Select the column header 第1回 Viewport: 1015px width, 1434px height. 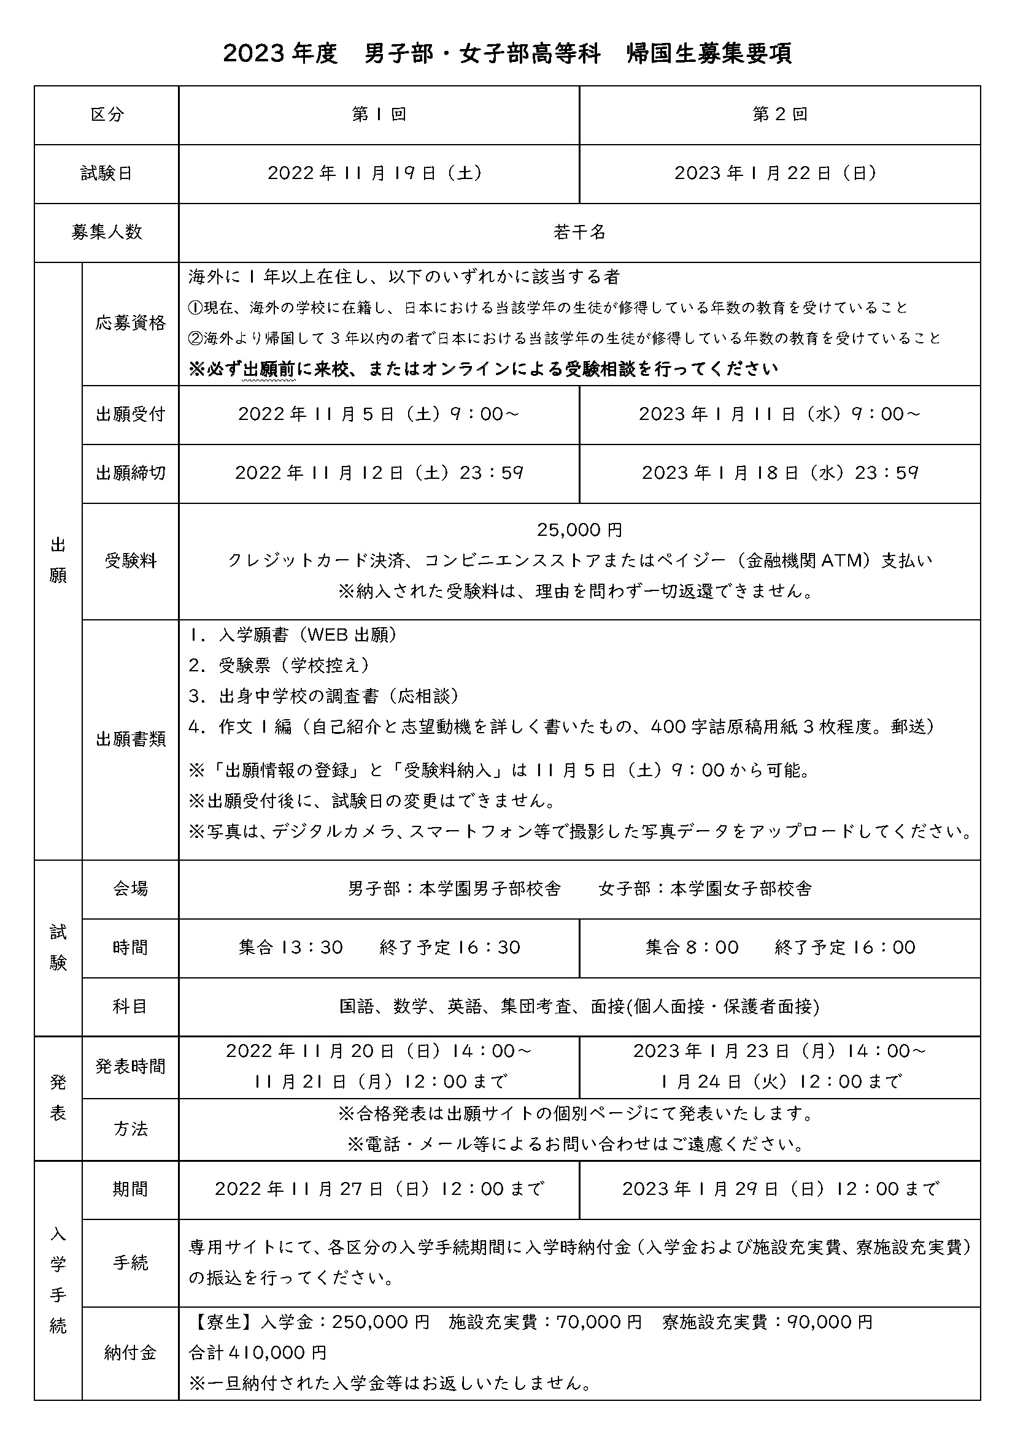379,115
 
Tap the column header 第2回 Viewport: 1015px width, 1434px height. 779,115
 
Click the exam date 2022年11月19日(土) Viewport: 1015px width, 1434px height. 375,174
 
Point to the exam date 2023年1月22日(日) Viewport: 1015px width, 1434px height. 775,174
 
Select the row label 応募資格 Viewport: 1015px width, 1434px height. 131,324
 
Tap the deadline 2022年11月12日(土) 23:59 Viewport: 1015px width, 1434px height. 379,473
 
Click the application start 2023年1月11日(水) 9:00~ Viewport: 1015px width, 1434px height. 779,414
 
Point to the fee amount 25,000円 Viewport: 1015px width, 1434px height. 579,530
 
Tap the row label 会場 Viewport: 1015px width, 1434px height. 131,889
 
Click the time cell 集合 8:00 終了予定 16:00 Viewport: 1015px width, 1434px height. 780,947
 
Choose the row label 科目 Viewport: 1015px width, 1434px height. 131,1006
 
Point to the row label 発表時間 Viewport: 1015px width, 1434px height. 131,1066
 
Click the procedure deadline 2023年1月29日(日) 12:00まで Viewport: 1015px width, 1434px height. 780,1189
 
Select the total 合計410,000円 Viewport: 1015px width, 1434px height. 258,1353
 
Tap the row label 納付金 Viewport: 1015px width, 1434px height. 131,1354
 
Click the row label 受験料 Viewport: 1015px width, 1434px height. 131,562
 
